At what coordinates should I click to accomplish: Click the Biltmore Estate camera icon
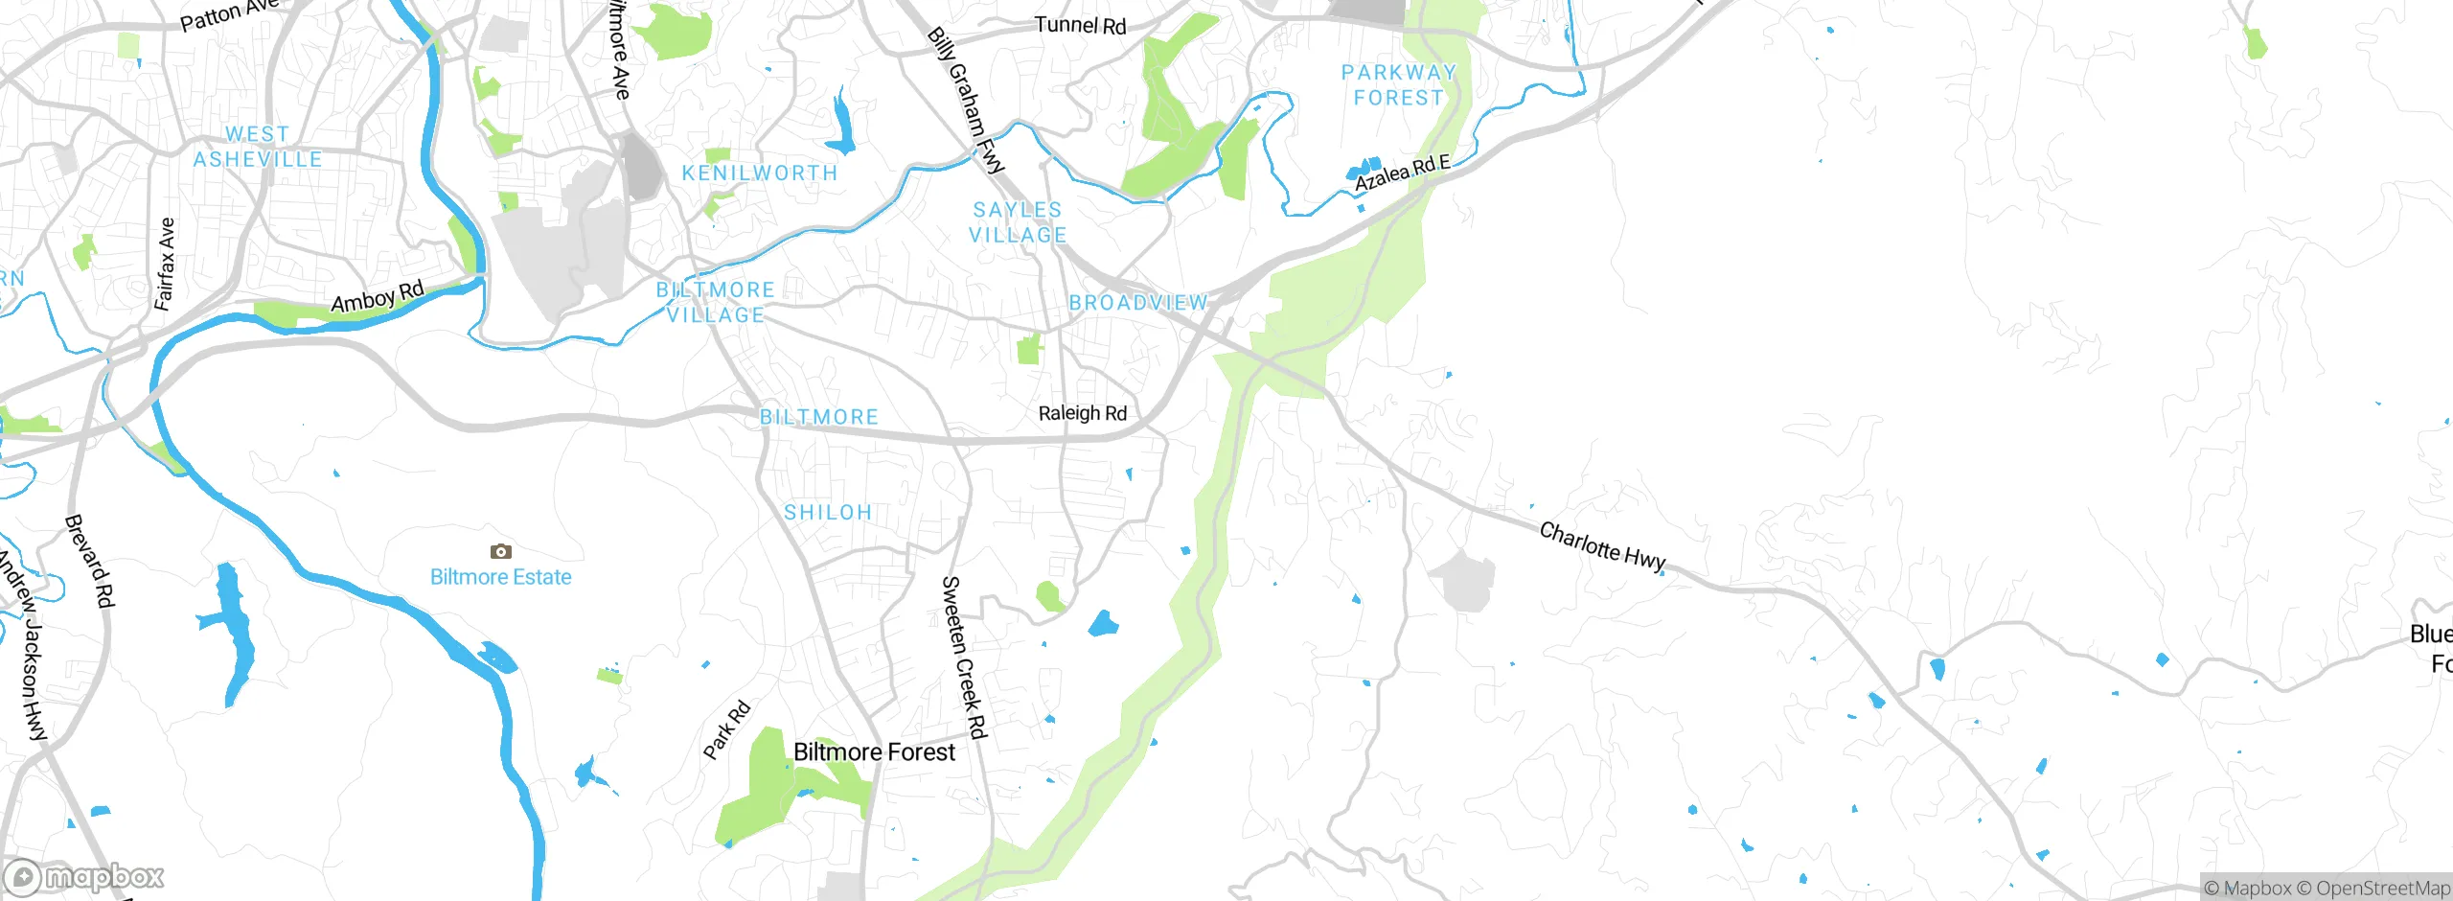(x=500, y=551)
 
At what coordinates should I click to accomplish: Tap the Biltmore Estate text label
(x=500, y=577)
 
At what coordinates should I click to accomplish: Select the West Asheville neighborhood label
(x=258, y=148)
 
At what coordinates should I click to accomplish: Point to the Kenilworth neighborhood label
(x=760, y=173)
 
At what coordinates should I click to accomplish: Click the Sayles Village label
(x=1018, y=222)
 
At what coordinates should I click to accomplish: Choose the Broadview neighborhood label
(x=1137, y=303)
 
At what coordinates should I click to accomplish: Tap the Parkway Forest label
(x=1398, y=85)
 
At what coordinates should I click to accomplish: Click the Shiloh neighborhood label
(x=828, y=513)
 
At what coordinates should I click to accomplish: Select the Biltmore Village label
(x=716, y=302)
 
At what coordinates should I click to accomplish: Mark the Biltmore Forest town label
(x=874, y=752)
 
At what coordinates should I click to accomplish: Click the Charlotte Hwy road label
(x=1602, y=545)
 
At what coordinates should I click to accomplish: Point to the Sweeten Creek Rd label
(x=963, y=658)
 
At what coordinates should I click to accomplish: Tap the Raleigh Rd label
(x=1083, y=413)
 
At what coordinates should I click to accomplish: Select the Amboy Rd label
(x=377, y=297)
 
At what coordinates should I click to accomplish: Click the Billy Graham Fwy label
(x=966, y=101)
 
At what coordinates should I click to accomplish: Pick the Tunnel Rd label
(x=1080, y=25)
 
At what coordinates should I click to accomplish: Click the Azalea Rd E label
(x=1402, y=173)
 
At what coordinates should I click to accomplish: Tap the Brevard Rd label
(x=89, y=561)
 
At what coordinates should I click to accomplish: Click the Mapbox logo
(x=84, y=876)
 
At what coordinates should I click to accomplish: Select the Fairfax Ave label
(x=165, y=264)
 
